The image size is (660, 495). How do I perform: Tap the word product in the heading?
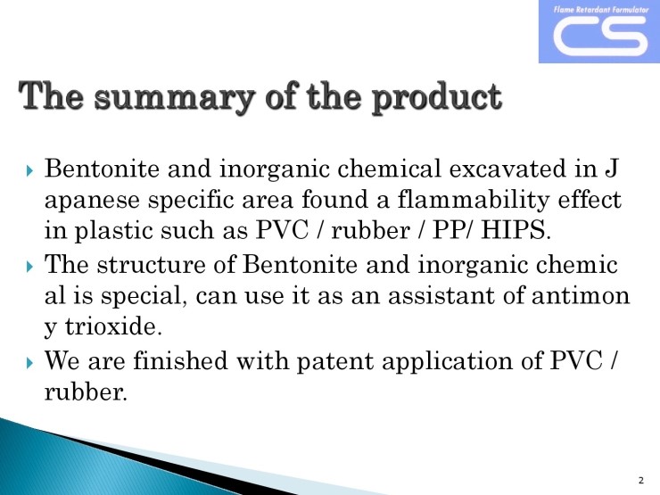(x=437, y=97)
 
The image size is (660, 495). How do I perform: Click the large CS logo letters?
(x=600, y=37)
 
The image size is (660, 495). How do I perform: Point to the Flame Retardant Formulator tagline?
(x=601, y=9)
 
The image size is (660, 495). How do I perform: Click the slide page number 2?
(x=641, y=480)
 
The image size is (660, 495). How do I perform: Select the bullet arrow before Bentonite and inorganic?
(x=29, y=170)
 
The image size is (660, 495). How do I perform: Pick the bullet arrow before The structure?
(x=29, y=267)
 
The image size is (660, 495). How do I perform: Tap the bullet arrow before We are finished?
(x=29, y=362)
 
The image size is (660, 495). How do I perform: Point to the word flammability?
(x=473, y=201)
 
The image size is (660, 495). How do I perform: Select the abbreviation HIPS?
(x=516, y=230)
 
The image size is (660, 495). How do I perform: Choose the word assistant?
(x=441, y=295)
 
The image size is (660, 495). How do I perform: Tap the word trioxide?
(x=113, y=326)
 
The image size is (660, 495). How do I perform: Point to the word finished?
(x=180, y=360)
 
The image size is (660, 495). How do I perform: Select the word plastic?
(x=113, y=232)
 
